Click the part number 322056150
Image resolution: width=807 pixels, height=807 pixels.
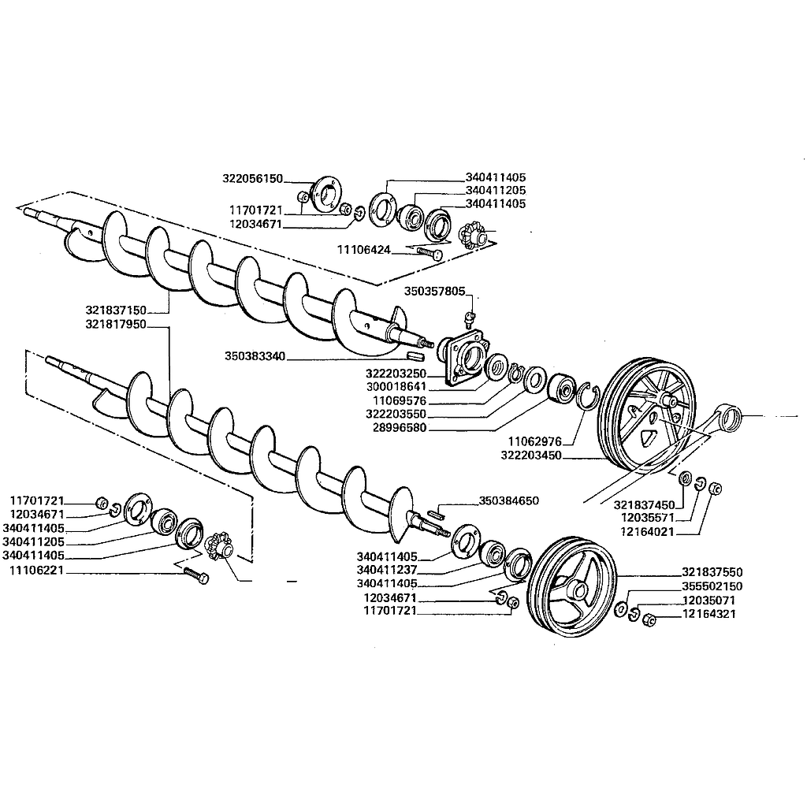pyautogui.click(x=252, y=179)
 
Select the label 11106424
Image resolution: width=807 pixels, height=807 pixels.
pyautogui.click(x=364, y=249)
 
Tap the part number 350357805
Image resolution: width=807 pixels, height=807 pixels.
pyautogui.click(x=436, y=291)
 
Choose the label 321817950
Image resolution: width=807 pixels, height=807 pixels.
pyautogui.click(x=115, y=323)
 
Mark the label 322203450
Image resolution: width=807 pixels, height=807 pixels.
pyautogui.click(x=530, y=456)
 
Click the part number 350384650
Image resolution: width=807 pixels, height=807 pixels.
pyautogui.click(x=509, y=501)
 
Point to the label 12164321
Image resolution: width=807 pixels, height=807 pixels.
pyautogui.click(x=709, y=614)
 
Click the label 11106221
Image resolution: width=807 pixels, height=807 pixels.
pyautogui.click(x=36, y=570)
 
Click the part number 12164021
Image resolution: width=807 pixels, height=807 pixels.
pyautogui.click(x=646, y=531)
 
